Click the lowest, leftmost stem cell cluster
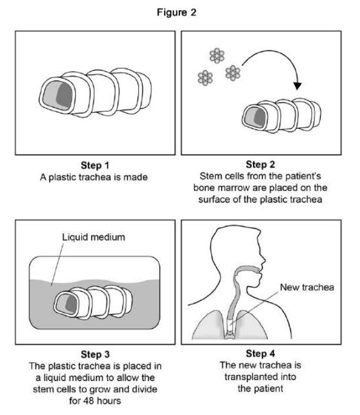[206, 77]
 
